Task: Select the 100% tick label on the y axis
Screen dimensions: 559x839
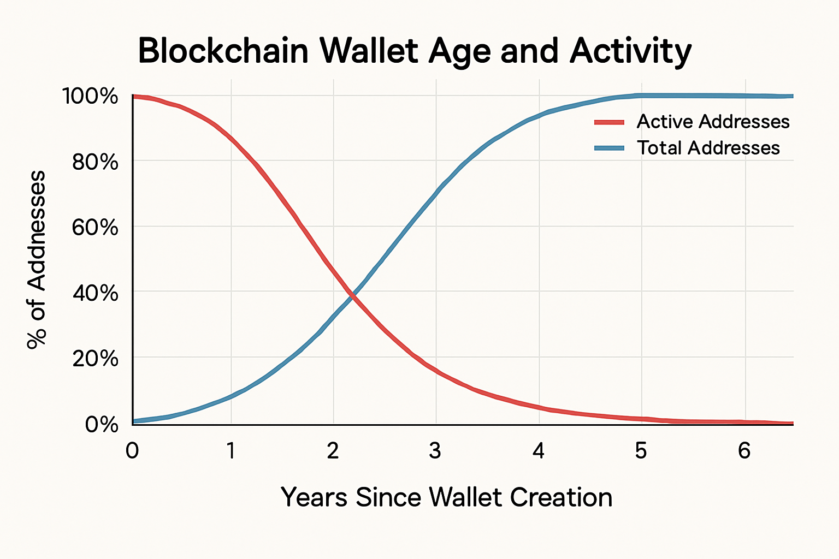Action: [91, 97]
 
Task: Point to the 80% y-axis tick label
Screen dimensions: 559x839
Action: [95, 162]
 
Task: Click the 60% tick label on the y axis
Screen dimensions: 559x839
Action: [95, 227]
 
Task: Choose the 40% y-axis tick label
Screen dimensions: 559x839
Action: [95, 293]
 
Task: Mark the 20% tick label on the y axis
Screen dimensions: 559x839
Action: [95, 359]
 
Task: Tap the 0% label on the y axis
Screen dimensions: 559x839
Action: [102, 424]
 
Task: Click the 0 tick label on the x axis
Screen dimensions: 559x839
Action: [132, 451]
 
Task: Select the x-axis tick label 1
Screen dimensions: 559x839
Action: [231, 451]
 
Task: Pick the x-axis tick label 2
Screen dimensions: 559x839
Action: [333, 451]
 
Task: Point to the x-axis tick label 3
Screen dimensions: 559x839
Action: [435, 451]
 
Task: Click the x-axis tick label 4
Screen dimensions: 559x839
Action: [539, 451]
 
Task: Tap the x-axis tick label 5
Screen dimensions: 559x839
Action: [641, 451]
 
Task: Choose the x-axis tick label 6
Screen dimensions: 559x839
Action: [744, 451]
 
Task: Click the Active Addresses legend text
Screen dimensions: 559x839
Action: [713, 122]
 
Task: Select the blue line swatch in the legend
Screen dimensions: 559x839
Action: [609, 148]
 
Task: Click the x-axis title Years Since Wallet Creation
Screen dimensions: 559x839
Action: [446, 497]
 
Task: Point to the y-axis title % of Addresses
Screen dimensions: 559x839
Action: [37, 259]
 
